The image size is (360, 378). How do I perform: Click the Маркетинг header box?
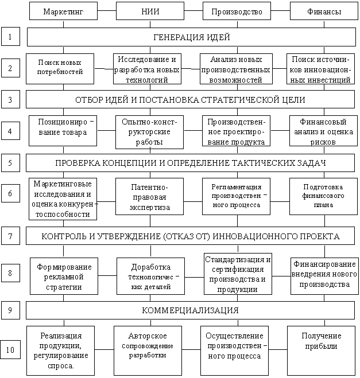(x=64, y=11)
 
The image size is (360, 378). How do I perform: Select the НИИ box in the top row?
(x=150, y=11)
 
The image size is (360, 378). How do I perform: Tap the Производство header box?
(x=237, y=11)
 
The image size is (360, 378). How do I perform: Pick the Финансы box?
(x=324, y=11)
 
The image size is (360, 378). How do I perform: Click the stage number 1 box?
(x=10, y=36)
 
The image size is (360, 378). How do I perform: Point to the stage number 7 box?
(x=10, y=236)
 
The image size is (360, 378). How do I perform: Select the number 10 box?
(x=10, y=349)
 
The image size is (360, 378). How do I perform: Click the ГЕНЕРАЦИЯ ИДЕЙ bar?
(x=191, y=37)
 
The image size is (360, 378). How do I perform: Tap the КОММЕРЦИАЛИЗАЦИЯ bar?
(x=191, y=310)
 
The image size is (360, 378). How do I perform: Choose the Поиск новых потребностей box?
(x=60, y=69)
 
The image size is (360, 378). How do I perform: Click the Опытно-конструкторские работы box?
(x=150, y=132)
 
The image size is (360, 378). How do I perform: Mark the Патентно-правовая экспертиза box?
(x=150, y=197)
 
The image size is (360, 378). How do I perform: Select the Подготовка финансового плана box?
(x=324, y=197)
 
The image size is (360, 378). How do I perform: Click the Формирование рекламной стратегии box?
(x=64, y=276)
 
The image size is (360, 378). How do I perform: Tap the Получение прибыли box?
(x=321, y=351)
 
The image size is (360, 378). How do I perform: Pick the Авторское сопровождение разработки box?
(x=148, y=351)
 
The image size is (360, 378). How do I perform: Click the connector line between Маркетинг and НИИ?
(x=107, y=11)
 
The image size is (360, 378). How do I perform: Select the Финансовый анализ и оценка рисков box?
(x=324, y=131)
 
